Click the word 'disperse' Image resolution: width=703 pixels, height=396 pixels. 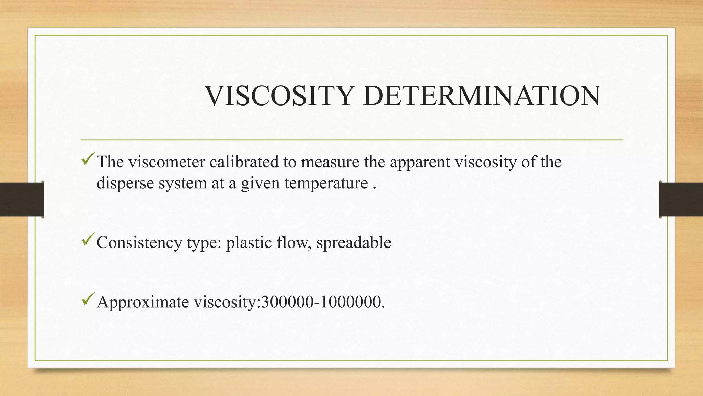click(125, 183)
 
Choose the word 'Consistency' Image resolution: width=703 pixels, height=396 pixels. click(139, 243)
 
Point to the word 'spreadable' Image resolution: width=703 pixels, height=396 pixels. click(354, 243)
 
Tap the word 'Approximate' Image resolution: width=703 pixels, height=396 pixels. click(143, 302)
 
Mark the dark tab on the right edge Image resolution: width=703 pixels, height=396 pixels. click(681, 199)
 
